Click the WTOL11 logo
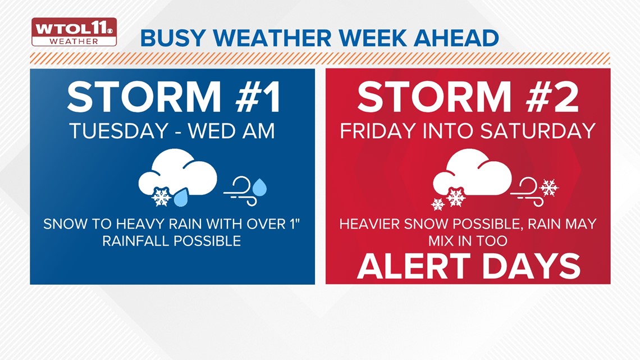(x=74, y=32)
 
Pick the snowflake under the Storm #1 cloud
(x=162, y=197)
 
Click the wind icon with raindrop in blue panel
(x=245, y=189)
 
